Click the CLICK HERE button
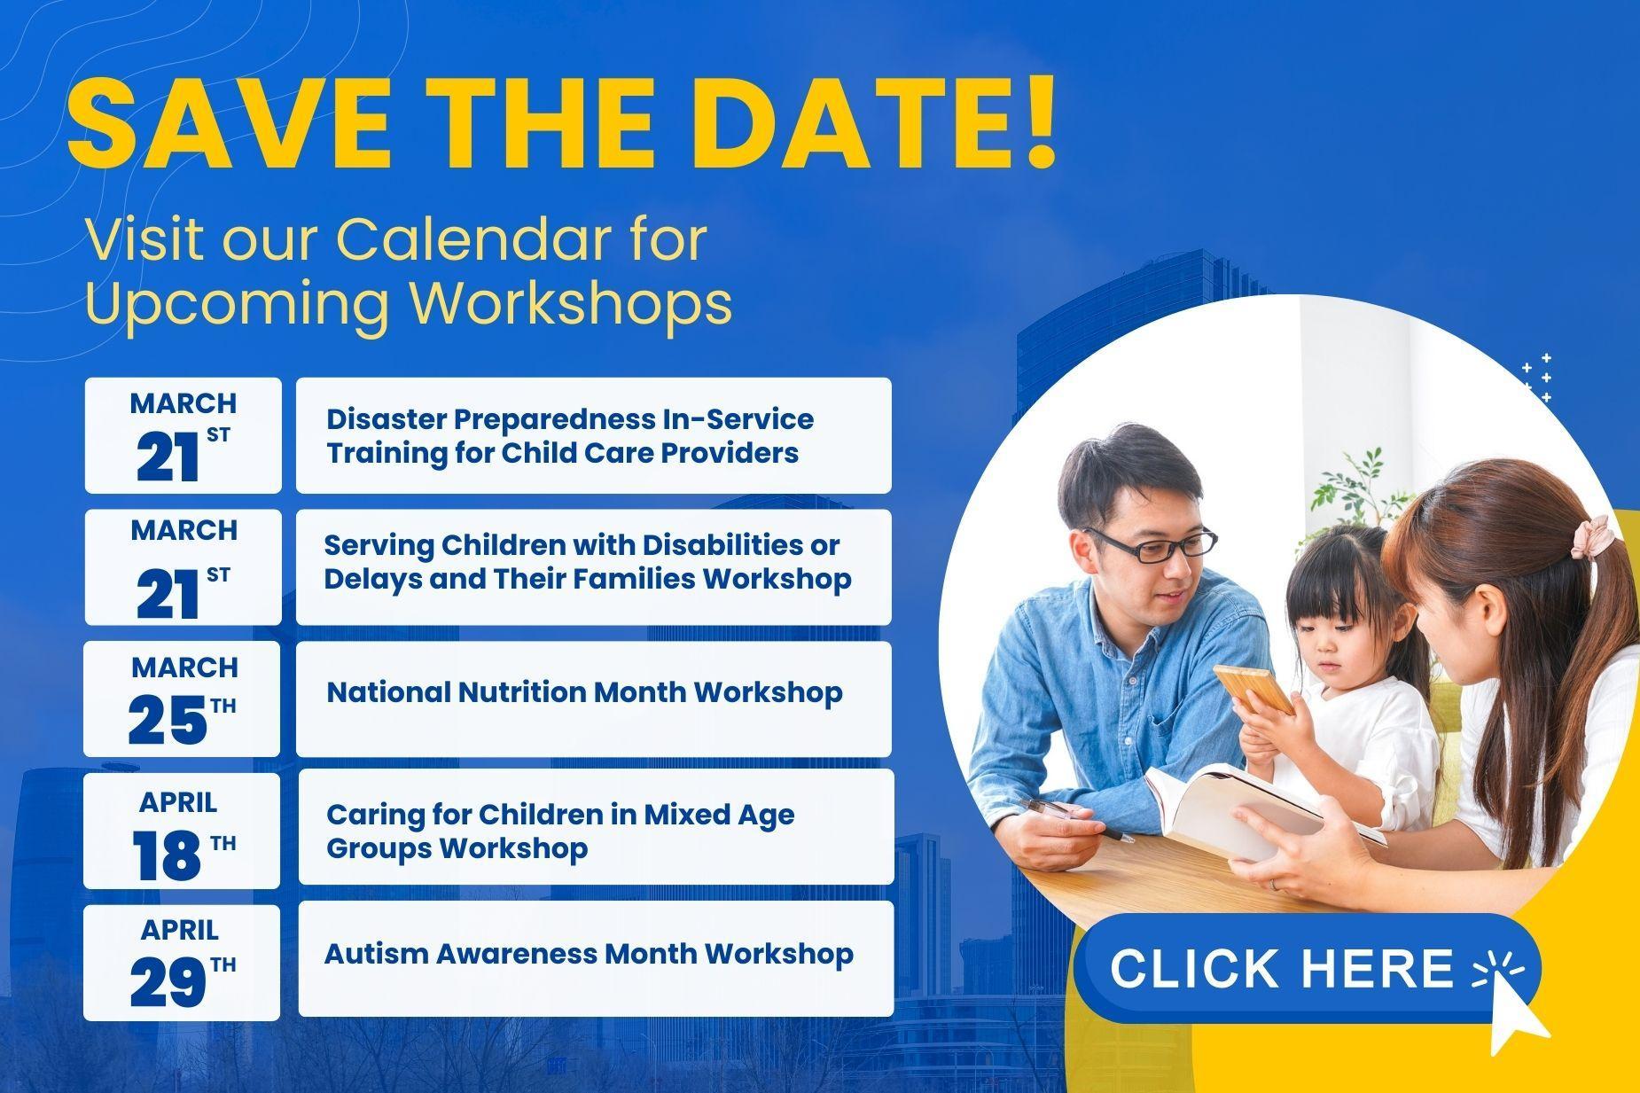pos(1281,967)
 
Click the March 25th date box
pos(182,699)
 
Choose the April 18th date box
pos(182,830)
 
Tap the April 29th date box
pos(182,962)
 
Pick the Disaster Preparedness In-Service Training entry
pos(593,435)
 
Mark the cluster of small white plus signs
pos(1536,379)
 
